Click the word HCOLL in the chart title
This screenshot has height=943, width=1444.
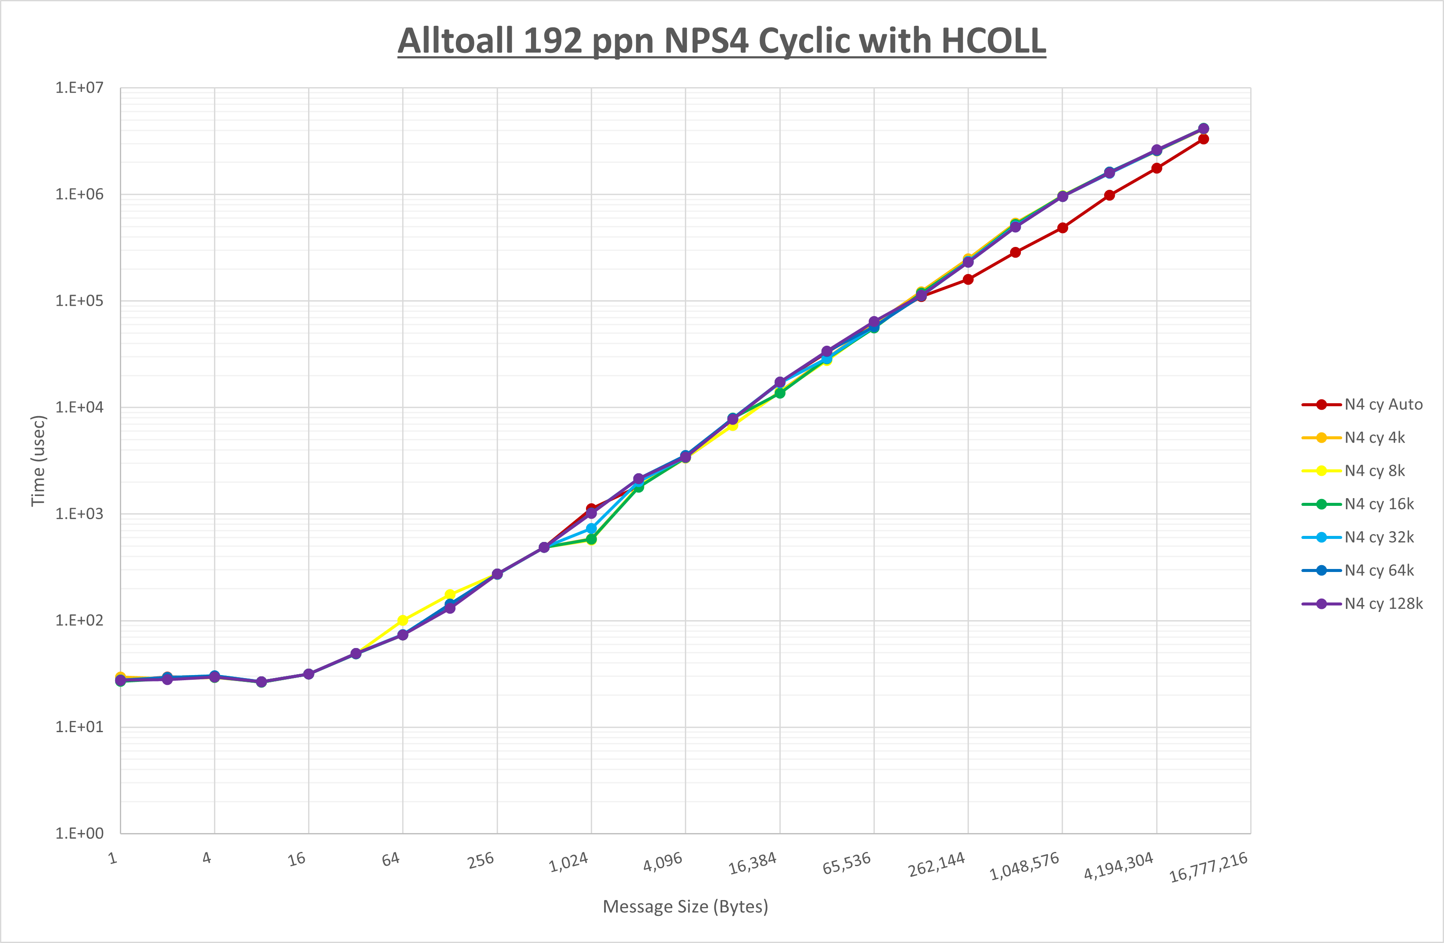[993, 41]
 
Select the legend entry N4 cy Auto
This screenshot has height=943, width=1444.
[1383, 405]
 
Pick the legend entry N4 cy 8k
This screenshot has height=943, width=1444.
[1374, 471]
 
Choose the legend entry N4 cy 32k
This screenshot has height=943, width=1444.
[1378, 537]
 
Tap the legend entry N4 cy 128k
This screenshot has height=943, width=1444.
[1383, 603]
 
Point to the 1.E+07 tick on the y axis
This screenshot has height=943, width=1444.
[79, 88]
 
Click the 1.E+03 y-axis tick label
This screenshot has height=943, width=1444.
[79, 514]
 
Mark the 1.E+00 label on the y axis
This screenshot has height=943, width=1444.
[79, 833]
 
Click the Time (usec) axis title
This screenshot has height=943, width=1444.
[38, 460]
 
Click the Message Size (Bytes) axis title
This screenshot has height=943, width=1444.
[685, 906]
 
